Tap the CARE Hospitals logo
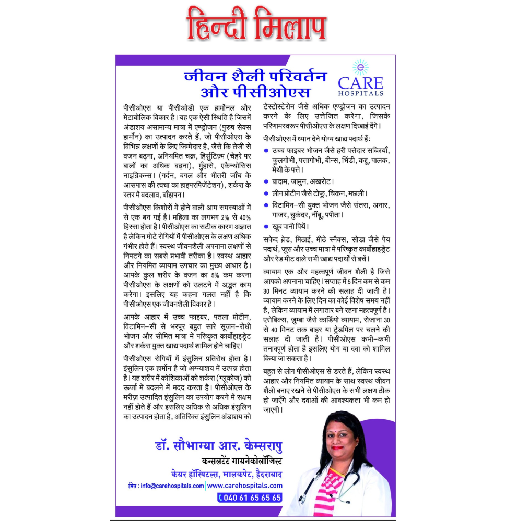tap(360, 79)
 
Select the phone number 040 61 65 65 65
tap(250, 498)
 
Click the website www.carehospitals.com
tap(245, 486)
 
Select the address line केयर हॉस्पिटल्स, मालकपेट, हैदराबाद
tap(226, 474)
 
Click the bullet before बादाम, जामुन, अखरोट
tap(266, 182)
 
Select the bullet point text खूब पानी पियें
tap(290, 227)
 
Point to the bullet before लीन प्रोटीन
tap(266, 193)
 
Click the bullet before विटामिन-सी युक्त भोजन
tap(266, 205)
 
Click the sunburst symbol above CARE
tap(360, 67)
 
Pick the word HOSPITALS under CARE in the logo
tap(361, 93)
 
